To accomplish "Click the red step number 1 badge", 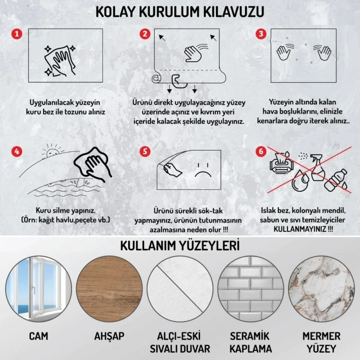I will [17, 34].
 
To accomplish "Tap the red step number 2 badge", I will [145, 34].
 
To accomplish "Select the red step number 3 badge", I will [262, 34].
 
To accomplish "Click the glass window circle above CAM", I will [39, 286].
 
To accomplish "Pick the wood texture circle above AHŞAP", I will [109, 286].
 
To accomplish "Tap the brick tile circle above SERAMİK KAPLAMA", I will [251, 286].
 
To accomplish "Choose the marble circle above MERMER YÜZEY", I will [321, 286].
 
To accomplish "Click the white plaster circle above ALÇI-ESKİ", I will [180, 286].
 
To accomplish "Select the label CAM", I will [39, 336].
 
